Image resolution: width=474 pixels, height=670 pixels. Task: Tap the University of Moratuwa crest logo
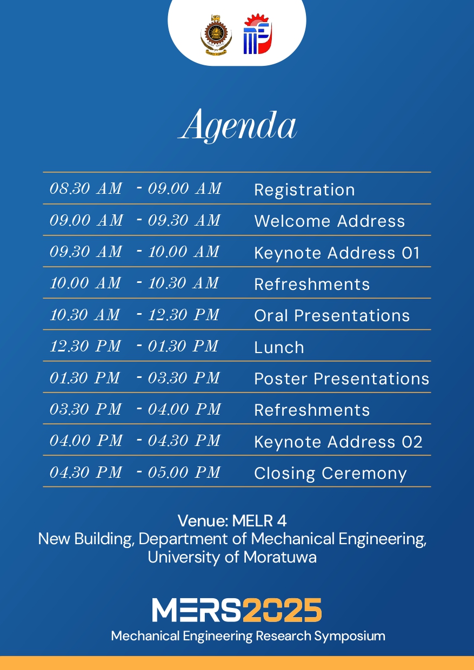click(216, 34)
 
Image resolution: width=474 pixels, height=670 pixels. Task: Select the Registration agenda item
click(304, 190)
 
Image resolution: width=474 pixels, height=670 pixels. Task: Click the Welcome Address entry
click(329, 221)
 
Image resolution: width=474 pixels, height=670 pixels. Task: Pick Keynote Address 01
click(337, 253)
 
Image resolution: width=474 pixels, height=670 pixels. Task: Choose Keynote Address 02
click(338, 442)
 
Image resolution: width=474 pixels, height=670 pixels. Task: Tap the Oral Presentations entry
click(332, 315)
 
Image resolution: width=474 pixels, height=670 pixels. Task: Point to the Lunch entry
click(279, 347)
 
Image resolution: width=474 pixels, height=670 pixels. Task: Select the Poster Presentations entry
click(342, 378)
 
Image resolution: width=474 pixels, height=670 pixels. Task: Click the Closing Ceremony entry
click(330, 473)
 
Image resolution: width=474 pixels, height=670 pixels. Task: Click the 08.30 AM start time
click(85, 188)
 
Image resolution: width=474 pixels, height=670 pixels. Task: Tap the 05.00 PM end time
click(184, 472)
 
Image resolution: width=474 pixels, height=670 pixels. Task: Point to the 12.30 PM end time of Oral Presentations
click(184, 315)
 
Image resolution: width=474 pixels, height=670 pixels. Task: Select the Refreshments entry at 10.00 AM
click(312, 284)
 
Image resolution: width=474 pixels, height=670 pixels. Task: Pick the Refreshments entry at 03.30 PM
click(312, 410)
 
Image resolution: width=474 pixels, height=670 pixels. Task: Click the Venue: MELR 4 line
click(232, 520)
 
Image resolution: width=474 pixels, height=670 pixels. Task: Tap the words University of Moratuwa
click(232, 557)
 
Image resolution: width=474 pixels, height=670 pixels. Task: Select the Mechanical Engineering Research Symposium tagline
click(248, 635)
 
